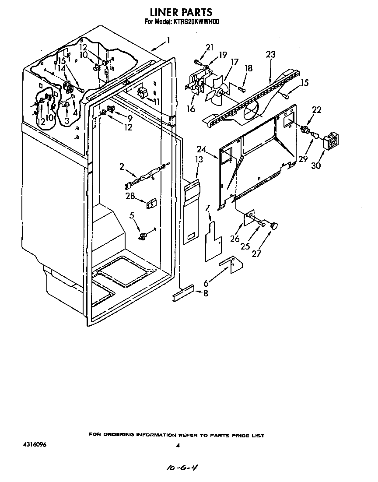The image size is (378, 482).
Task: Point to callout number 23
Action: [271, 55]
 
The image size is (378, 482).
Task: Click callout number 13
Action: [199, 160]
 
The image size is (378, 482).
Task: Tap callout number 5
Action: [132, 215]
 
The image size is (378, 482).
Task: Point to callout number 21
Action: [210, 47]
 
